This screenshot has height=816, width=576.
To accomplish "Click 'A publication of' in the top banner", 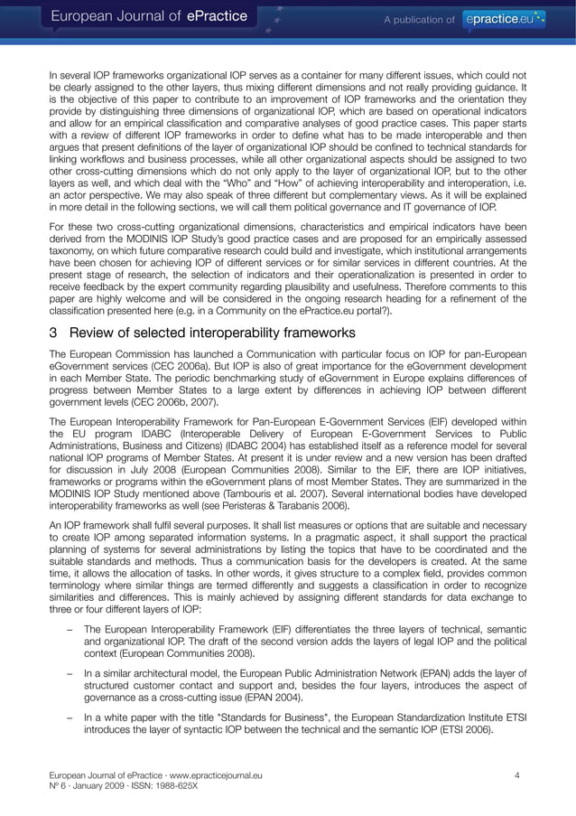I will (421, 18).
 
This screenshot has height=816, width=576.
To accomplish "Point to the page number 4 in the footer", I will (517, 774).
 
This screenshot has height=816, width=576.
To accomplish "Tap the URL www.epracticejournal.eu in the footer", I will (207, 774).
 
